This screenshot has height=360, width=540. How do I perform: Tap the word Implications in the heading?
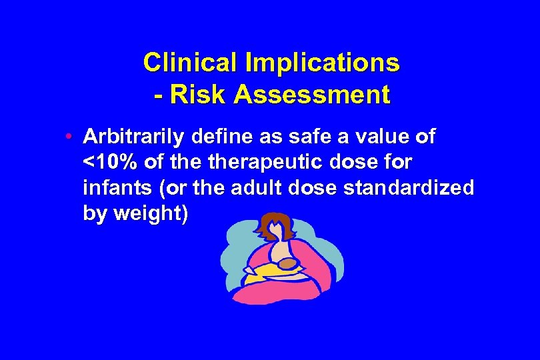pyautogui.click(x=322, y=63)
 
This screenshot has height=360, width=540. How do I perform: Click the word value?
pyautogui.click(x=375, y=137)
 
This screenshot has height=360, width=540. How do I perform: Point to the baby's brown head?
pyautogui.click(x=289, y=266)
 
